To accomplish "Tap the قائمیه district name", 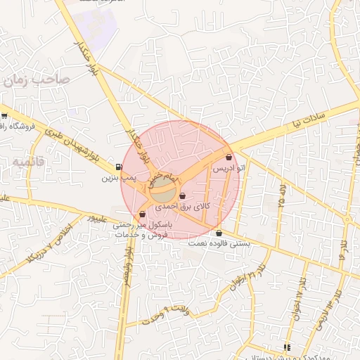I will (27, 161).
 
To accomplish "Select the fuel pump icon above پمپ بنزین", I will (117, 167).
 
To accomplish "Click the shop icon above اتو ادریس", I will (229, 157).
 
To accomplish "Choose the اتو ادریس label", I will (230, 169).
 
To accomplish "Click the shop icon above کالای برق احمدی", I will (183, 196).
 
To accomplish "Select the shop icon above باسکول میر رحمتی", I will (143, 214).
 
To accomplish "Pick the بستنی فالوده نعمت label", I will (219, 243).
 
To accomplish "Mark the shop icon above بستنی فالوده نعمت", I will (219, 233).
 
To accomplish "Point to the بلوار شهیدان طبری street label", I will (70, 144).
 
